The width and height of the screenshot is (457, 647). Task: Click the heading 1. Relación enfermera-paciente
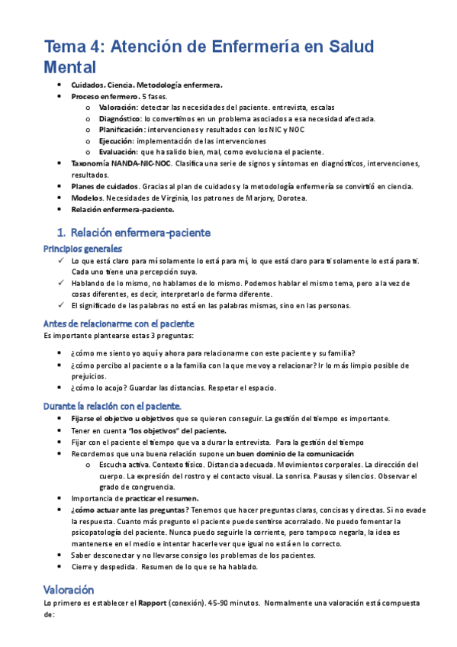(134, 232)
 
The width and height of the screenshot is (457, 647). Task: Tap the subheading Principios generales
(82, 249)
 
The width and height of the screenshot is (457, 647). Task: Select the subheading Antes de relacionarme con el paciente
(119, 323)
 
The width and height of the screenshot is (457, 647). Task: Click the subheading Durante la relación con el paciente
(112, 405)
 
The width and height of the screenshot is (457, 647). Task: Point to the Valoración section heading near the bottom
(69, 590)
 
